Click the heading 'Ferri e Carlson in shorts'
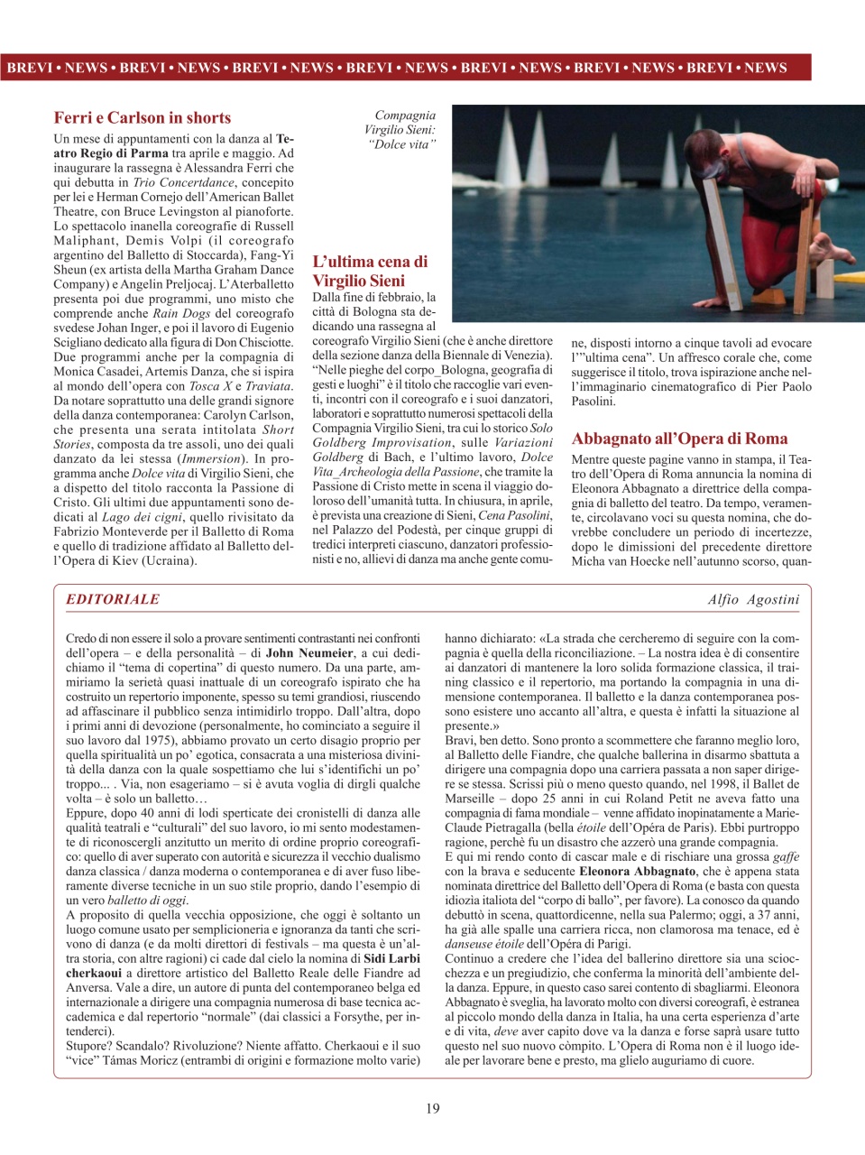click(143, 117)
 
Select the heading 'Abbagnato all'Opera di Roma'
click(679, 439)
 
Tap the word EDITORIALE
click(113, 599)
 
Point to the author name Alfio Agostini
click(753, 599)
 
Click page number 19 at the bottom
click(433, 1108)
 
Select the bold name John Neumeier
click(309, 653)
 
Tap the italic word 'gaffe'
click(785, 857)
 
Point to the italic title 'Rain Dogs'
click(183, 313)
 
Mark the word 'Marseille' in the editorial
click(470, 799)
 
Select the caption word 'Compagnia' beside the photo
click(405, 115)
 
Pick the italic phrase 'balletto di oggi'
click(147, 901)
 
